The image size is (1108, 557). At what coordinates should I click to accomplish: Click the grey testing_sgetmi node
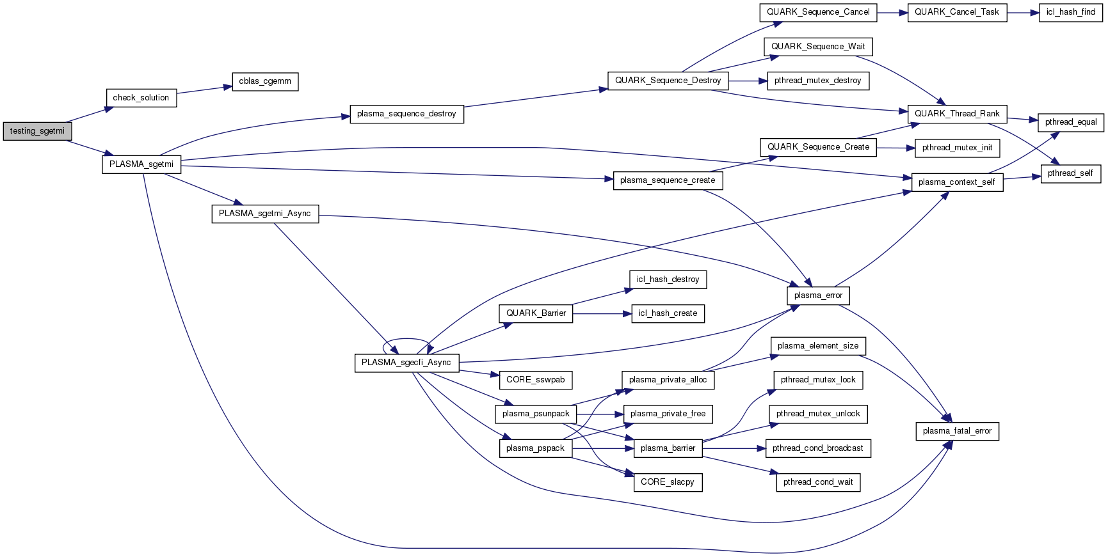(37, 131)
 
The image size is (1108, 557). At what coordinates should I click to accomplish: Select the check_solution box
(141, 98)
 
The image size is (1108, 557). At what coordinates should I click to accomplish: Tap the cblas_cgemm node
(265, 81)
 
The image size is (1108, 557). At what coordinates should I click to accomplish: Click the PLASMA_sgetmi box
(141, 164)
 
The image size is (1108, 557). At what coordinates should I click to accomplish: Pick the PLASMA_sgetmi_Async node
(265, 214)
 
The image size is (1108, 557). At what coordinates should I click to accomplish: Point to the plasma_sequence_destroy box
(406, 114)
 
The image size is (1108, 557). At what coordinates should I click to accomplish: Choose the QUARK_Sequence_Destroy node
(668, 81)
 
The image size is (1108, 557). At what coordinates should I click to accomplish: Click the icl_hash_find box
(1070, 12)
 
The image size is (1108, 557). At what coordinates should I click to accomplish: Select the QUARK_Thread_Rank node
(957, 114)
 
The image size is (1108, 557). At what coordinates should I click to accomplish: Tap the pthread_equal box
(1070, 122)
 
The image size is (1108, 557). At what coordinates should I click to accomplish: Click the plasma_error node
(818, 295)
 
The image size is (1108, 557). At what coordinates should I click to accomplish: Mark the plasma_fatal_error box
(957, 431)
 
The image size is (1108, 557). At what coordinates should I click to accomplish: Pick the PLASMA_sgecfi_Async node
(406, 363)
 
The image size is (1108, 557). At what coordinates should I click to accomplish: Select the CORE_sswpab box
(535, 380)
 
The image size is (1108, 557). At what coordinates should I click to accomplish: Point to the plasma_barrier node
(668, 448)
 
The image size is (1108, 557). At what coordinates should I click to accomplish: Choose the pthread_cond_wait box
(818, 482)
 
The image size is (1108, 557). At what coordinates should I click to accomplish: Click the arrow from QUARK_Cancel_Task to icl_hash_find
(1023, 12)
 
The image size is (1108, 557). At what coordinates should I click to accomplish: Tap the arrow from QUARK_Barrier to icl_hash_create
(602, 313)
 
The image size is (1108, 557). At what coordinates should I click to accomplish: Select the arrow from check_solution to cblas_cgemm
(204, 90)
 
